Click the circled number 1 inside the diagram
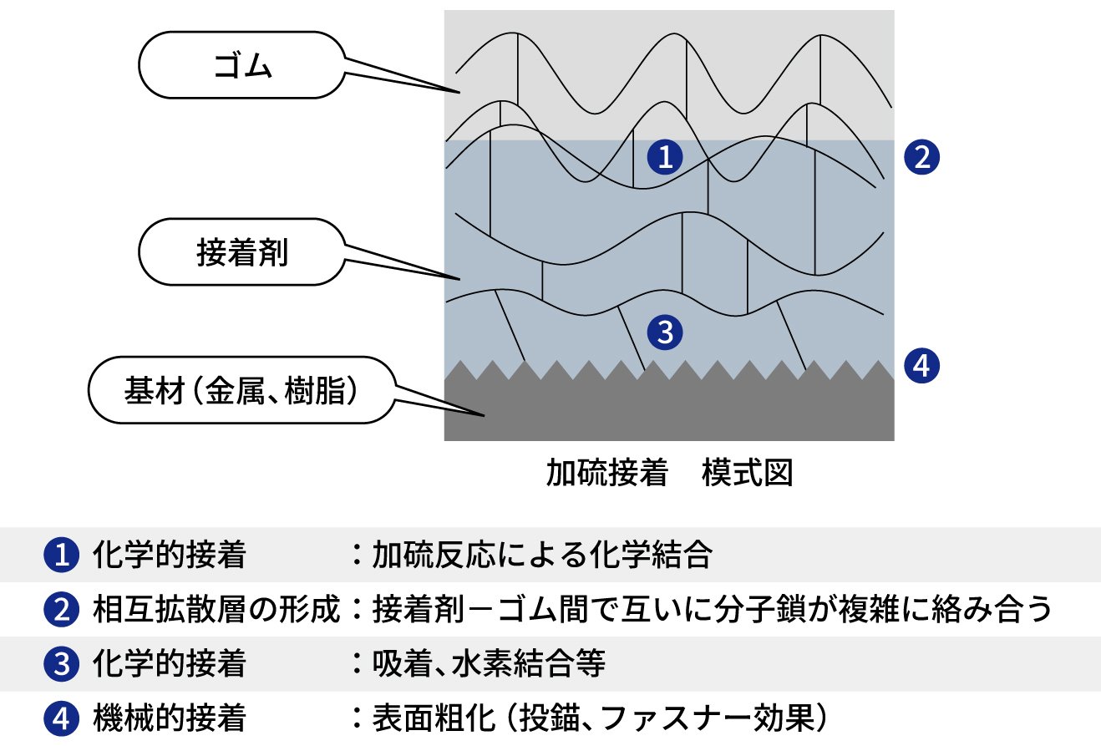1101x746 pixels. (666, 156)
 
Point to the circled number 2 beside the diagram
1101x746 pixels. (922, 156)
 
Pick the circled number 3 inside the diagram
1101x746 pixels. (666, 332)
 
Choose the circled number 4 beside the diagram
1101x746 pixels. (922, 365)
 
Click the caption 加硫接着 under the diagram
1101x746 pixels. (606, 474)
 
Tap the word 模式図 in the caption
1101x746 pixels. (747, 474)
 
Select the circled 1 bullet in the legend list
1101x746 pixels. (60, 556)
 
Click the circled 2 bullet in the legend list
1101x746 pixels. (60, 611)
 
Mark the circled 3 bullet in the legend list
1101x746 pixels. (60, 664)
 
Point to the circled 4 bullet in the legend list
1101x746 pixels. (60, 718)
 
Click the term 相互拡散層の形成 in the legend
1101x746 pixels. (216, 611)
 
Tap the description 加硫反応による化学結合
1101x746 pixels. (542, 556)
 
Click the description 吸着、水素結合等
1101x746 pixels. (489, 664)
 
